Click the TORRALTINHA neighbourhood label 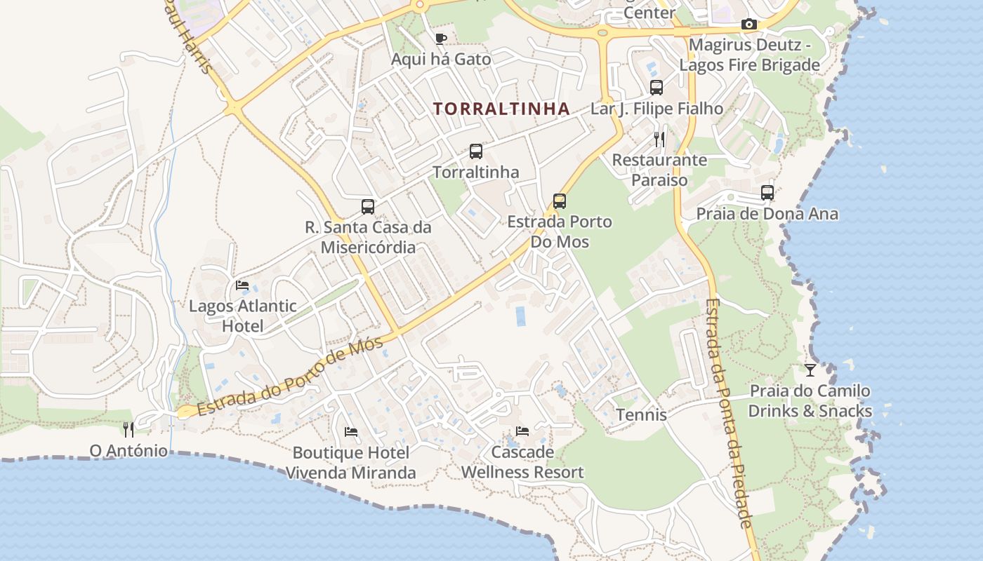click(501, 109)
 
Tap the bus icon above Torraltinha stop click(476, 151)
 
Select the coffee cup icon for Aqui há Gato click(441, 39)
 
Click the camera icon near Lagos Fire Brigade click(749, 25)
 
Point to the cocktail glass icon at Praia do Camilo click(810, 370)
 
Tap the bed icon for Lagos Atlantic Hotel click(242, 285)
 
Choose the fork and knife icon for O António click(128, 429)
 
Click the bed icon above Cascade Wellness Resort click(522, 431)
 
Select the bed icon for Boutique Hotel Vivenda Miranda click(351, 431)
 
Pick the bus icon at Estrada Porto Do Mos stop click(560, 201)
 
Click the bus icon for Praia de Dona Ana click(767, 192)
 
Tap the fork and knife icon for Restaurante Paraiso click(659, 139)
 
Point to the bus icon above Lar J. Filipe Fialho click(657, 88)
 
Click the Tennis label click(641, 414)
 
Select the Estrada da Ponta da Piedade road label click(729, 414)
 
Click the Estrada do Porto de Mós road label click(289, 377)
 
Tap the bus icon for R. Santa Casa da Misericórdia click(368, 206)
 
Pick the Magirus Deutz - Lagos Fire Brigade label click(749, 55)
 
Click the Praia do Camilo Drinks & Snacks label click(810, 401)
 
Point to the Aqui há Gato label click(441, 59)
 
